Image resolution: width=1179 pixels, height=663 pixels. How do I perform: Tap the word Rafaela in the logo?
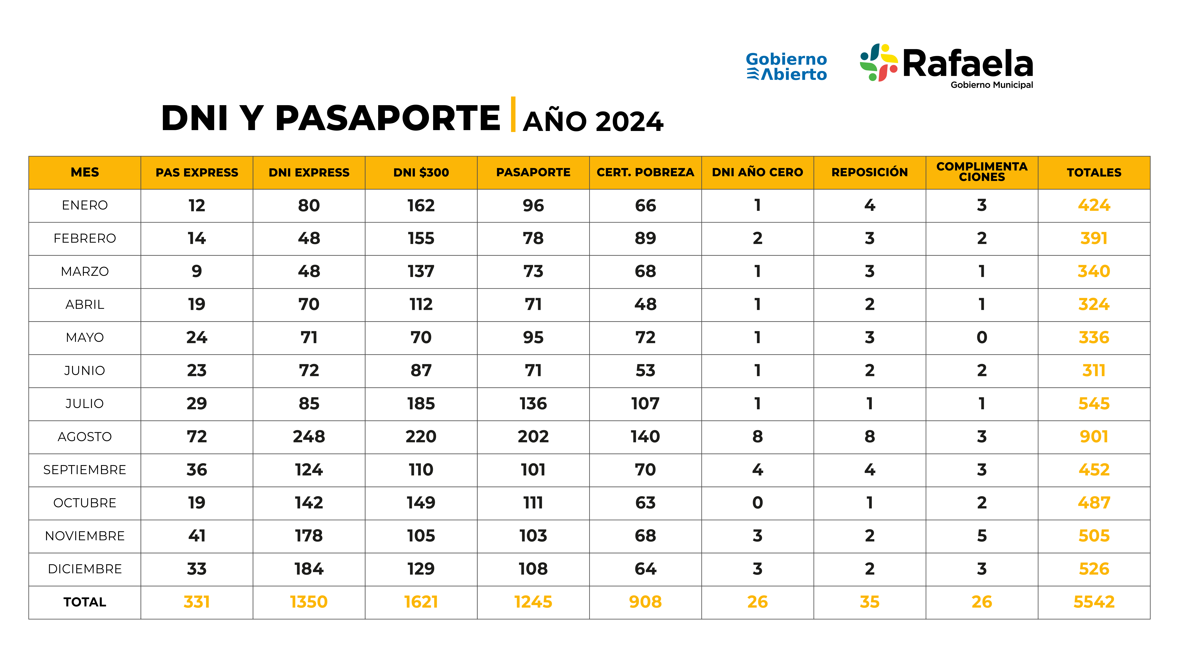click(x=968, y=64)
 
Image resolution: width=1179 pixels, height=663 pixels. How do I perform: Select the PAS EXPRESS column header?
click(x=197, y=173)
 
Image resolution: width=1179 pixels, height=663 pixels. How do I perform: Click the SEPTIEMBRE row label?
click(x=85, y=470)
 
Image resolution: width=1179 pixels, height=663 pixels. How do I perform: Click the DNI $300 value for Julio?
click(x=421, y=404)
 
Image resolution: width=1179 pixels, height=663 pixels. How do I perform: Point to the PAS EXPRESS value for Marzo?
click(x=197, y=271)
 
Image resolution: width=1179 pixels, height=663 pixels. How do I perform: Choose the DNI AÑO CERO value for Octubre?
click(x=758, y=503)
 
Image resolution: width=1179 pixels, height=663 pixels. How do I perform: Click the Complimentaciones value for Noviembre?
click(x=982, y=536)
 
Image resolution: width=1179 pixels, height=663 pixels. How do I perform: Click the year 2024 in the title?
click(x=630, y=122)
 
